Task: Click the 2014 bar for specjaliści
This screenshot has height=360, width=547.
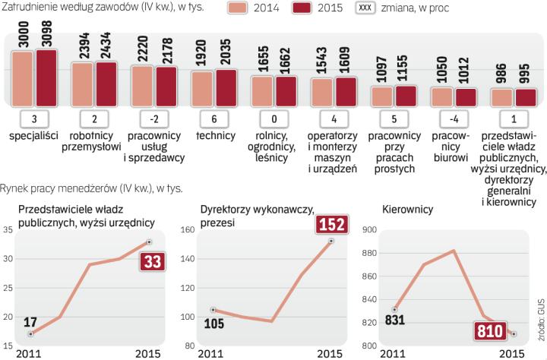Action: click(22, 79)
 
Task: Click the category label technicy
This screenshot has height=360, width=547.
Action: click(214, 136)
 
